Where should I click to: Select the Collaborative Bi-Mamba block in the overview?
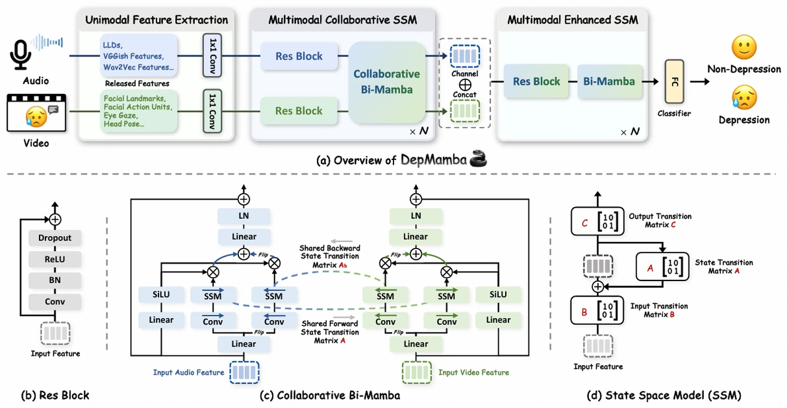point(386,82)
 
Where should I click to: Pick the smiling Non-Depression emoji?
point(744,48)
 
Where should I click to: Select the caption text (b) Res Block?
point(55,395)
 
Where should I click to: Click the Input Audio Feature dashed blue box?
point(244,372)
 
